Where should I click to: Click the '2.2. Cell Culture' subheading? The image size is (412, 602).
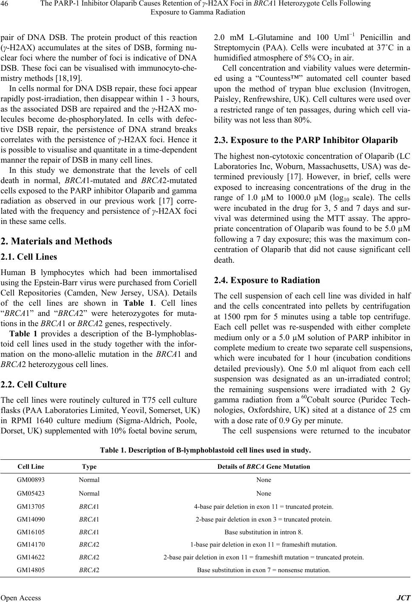point(34,385)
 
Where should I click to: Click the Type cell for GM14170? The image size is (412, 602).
point(89,544)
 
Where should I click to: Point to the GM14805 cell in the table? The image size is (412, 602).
point(30,570)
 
